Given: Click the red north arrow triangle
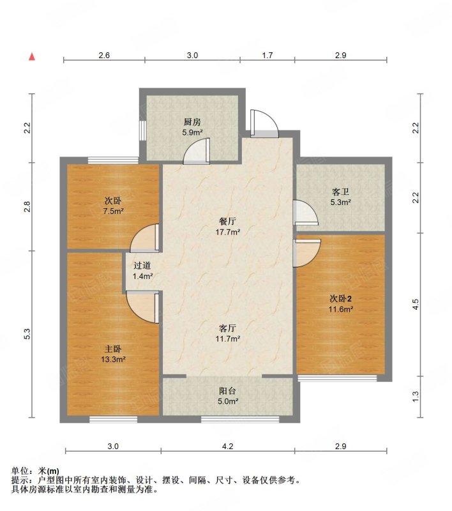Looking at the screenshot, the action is coord(32,57).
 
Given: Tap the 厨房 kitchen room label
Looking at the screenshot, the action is coord(192,122).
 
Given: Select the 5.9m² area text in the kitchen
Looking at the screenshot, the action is coord(192,132).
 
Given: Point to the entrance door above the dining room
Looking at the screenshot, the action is coord(264,124).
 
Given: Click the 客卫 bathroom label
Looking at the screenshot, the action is coord(340,192).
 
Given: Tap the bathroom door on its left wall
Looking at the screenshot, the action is coord(305,213).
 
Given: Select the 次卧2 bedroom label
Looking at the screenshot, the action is coord(341,298).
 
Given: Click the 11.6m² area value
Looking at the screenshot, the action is coord(341,309).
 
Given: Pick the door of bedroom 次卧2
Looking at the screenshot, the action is coord(306,253).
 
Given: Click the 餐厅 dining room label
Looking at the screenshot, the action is coord(227,222).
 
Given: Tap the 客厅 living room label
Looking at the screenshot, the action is coord(227,328).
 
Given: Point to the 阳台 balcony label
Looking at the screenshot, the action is coord(227,391).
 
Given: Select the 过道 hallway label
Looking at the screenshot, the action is coord(142,266).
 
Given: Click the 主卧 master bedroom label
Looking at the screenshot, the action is coord(113,349).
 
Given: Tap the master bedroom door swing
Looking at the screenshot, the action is coord(142,308).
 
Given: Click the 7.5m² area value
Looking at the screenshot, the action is coord(113,211).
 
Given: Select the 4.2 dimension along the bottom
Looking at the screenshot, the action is coord(228,446).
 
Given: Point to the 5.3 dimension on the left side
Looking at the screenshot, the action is coord(27,334).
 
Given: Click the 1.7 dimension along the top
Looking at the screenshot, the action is coord(267,56).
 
